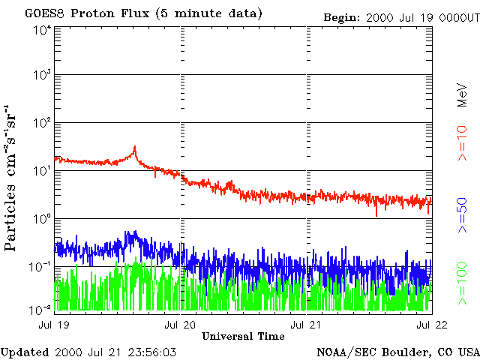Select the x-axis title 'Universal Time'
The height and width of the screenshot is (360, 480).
coord(243,336)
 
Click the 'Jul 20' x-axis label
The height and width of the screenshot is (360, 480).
coord(180,325)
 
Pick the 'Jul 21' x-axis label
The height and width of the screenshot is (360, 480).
coord(307,325)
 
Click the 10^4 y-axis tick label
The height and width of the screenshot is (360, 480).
coord(42,29)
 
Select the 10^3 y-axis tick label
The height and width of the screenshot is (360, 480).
coord(42,76)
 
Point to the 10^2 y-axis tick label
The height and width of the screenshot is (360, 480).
coord(42,124)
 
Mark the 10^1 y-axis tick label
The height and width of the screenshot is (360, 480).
coord(42,172)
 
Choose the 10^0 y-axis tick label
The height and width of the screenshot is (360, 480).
coord(42,220)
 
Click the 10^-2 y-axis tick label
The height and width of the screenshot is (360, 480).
coord(42,309)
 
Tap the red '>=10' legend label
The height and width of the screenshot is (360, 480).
coord(463,143)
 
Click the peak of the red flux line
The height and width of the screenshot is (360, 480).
coord(135,147)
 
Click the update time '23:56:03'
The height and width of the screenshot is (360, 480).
coord(151,352)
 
